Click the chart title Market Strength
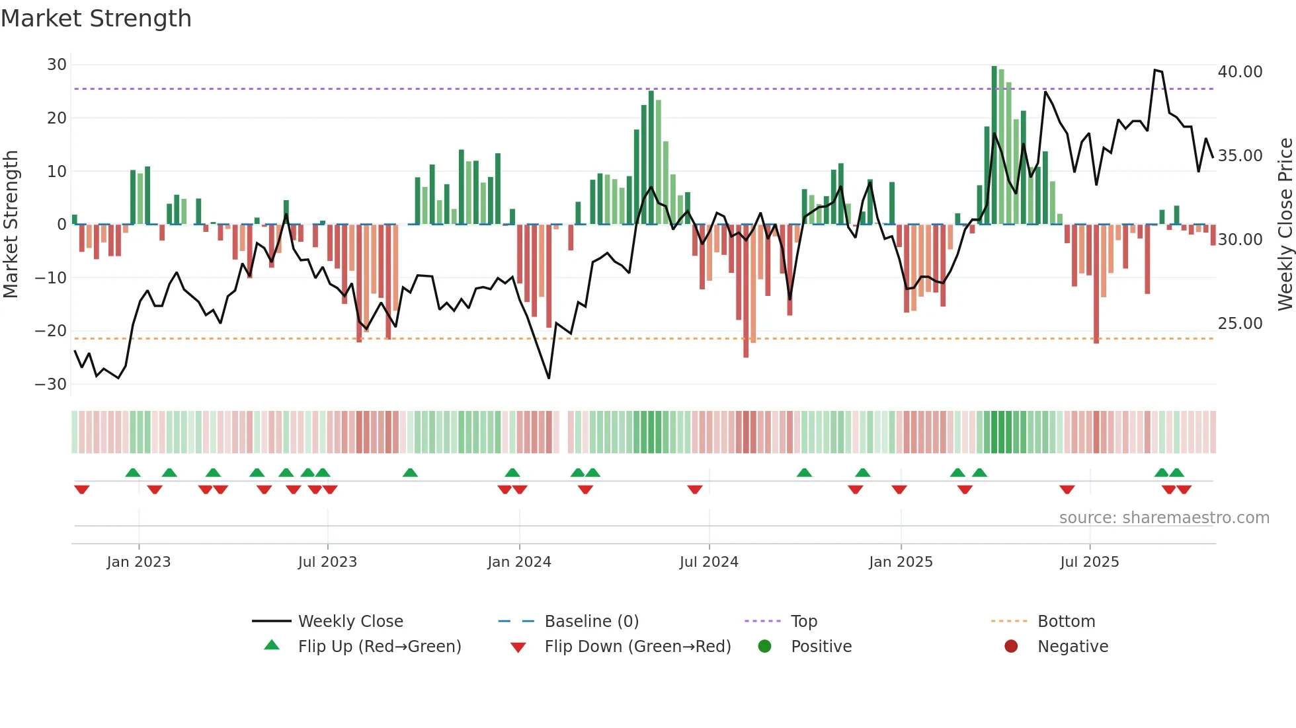96,18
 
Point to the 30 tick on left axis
57,65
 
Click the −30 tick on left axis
51,384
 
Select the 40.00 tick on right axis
1240,72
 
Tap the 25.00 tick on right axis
1240,324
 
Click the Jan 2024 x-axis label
519,562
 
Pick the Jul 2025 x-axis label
1089,562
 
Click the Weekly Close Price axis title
1285,225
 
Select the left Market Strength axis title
11,225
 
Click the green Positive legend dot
765,647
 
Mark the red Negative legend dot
1011,647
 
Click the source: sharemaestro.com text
1164,518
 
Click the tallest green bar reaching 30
994,145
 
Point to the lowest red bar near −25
746,291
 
